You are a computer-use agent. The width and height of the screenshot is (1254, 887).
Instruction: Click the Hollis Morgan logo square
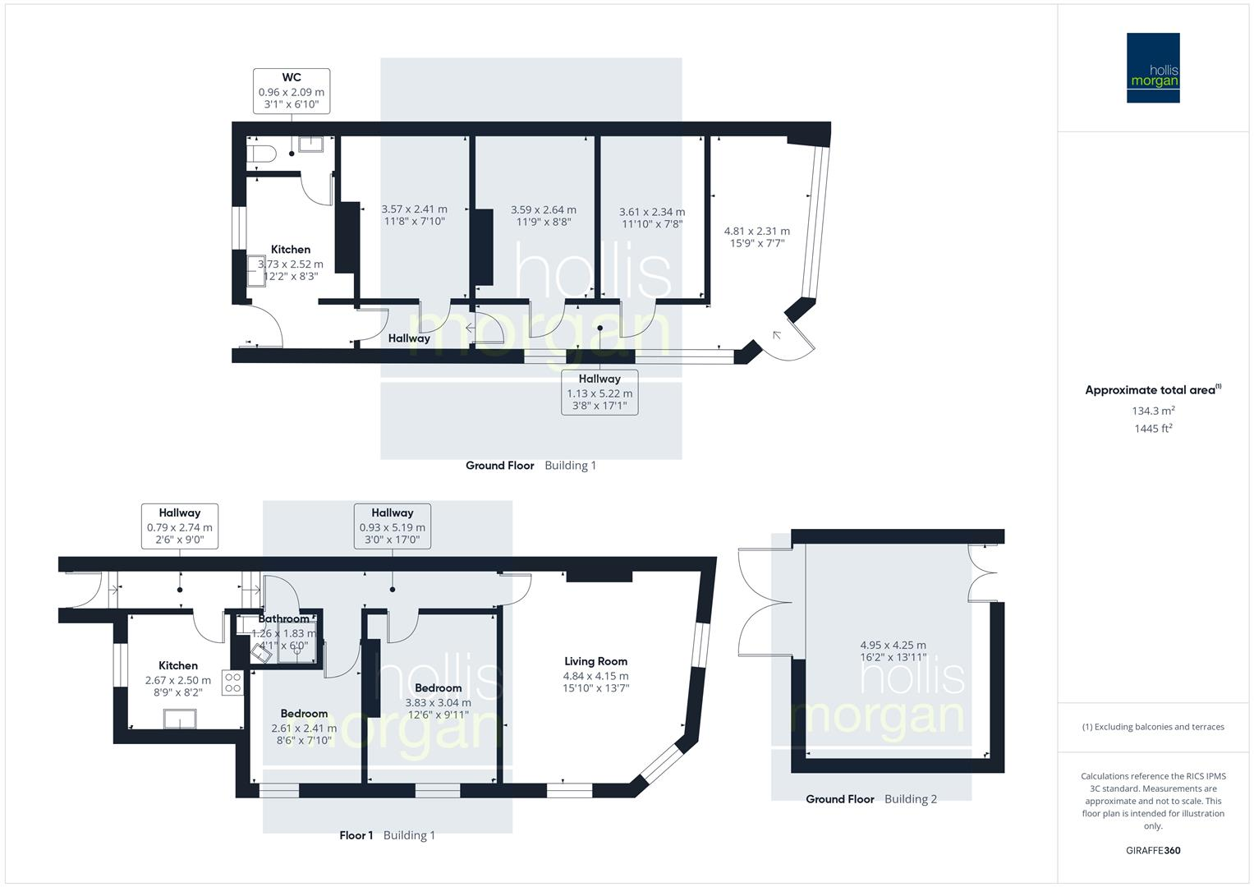pos(1152,67)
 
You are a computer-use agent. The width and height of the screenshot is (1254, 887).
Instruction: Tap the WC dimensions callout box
pos(292,91)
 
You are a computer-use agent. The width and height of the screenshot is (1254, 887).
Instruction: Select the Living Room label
pos(595,661)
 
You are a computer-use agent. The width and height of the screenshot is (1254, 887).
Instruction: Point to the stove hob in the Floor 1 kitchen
pos(233,683)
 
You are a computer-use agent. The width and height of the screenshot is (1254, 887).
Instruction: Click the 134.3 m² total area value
pos(1152,411)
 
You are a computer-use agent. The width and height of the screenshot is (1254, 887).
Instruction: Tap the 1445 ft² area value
pos(1152,428)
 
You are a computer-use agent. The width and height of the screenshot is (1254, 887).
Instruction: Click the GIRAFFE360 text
pos(1152,850)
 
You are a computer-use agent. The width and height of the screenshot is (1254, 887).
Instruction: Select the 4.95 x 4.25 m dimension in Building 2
pos(893,645)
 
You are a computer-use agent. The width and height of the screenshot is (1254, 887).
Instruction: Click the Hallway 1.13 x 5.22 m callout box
pos(599,392)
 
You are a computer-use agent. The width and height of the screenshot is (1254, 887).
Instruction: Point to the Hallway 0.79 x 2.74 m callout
pos(179,526)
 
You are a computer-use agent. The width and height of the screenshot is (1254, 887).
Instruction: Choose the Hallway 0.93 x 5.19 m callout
pos(392,526)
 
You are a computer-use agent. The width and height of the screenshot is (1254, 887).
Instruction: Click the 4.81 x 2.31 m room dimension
pos(756,232)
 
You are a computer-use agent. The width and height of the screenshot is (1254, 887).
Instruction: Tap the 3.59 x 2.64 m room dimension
pos(543,210)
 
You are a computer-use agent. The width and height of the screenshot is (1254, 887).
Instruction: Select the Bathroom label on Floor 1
pos(284,619)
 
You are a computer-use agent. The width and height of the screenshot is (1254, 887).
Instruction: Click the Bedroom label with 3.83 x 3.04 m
pos(438,688)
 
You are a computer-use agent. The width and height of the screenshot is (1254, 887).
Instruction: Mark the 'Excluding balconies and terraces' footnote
pos(1152,727)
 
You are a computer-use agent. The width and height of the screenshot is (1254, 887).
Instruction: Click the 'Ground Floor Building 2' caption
pos(870,799)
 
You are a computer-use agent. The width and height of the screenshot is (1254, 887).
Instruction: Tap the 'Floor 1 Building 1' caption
pos(387,835)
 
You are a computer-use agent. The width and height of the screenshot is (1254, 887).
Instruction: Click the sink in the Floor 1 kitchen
pos(180,718)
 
